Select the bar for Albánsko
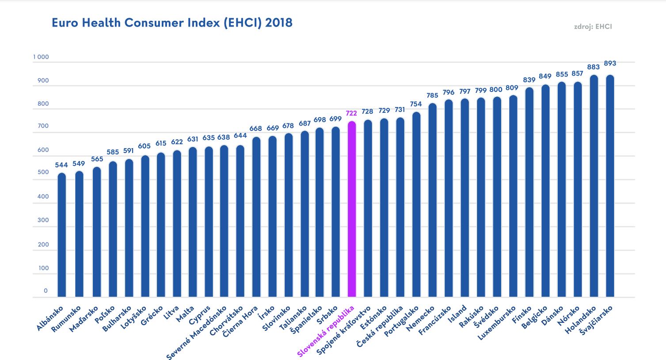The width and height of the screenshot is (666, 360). point(62,235)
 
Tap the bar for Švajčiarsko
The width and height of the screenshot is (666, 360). point(610,186)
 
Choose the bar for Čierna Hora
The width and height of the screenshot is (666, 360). point(256,217)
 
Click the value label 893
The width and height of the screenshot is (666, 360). point(610,63)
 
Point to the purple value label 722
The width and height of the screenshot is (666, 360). point(351,113)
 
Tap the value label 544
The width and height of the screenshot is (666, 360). point(61,165)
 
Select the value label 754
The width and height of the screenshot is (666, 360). point(416,104)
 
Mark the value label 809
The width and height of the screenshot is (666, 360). point(512,88)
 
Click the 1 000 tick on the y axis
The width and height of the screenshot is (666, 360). point(41,57)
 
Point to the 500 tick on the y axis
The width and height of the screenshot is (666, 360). point(43,172)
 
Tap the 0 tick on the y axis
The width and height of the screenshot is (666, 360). point(46,291)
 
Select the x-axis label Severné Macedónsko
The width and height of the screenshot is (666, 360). point(198,332)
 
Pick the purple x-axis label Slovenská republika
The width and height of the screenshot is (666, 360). point(326,331)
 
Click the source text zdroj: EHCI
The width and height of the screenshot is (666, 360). point(593,27)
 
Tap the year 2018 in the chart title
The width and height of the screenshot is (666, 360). point(278,23)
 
